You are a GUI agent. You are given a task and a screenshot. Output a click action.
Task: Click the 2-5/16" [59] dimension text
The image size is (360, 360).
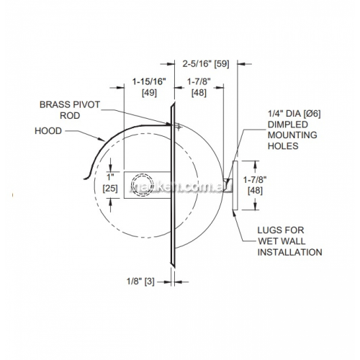206,64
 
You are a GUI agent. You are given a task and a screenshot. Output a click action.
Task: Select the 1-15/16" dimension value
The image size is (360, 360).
149,81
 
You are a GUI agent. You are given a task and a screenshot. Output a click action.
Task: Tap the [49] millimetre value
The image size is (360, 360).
149,93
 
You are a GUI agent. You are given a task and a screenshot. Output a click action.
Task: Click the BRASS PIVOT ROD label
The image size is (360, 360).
70,110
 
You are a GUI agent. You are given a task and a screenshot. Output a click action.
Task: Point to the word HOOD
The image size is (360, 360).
48,131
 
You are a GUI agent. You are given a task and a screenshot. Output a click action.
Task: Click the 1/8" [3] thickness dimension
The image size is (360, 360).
140,282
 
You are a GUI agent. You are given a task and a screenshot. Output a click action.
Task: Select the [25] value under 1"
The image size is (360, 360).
110,189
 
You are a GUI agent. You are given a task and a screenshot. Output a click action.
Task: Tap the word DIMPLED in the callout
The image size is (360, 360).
288,125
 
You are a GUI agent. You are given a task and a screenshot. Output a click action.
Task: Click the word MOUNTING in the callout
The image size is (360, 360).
292,135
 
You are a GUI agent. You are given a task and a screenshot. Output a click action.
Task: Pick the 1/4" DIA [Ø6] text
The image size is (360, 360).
294,114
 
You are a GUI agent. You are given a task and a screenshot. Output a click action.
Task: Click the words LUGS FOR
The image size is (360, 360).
281,230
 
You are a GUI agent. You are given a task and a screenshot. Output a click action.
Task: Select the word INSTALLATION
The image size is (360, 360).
289,252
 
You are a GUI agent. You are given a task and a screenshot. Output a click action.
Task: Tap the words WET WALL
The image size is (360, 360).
282,241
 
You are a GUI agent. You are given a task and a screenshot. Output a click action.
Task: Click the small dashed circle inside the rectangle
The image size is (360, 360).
143,185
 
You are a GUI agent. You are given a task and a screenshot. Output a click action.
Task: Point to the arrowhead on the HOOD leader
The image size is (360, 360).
102,139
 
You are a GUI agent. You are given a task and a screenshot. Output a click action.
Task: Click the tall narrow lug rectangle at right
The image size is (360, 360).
235,185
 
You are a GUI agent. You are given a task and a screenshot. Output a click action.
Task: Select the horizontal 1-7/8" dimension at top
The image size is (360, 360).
199,87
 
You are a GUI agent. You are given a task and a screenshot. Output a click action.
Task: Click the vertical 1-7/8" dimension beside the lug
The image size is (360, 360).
255,185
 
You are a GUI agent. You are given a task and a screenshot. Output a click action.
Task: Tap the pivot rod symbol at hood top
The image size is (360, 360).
179,127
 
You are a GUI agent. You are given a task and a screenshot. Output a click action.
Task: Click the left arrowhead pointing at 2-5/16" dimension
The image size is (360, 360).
171,64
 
